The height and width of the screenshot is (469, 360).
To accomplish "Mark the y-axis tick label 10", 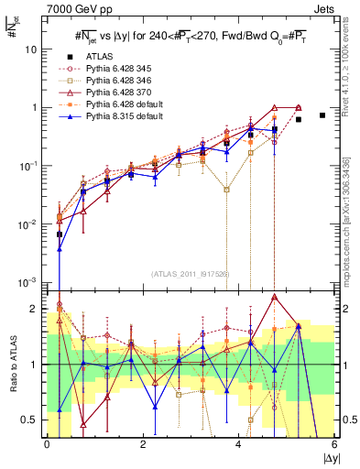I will [x=33, y=49].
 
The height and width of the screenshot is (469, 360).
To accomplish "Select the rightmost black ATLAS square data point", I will [x=322, y=115].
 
